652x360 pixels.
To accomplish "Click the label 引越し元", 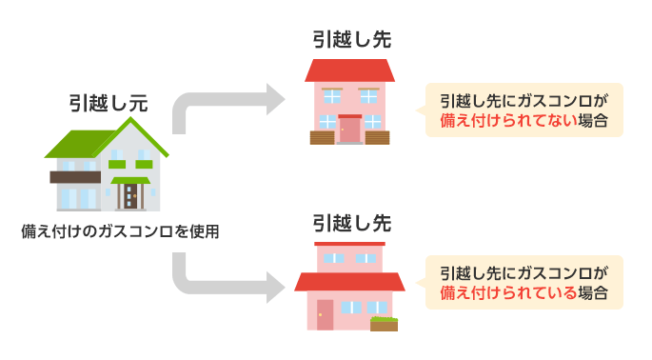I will tap(108, 104).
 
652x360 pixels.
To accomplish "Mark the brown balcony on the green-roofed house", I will tap(75, 176).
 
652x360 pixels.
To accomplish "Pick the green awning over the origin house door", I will tap(130, 179).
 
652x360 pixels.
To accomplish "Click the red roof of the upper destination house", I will tap(349, 70).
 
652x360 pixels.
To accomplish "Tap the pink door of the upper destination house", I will tap(350, 130).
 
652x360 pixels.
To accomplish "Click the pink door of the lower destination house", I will tap(325, 314).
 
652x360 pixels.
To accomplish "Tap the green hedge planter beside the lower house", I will tap(385, 323).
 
